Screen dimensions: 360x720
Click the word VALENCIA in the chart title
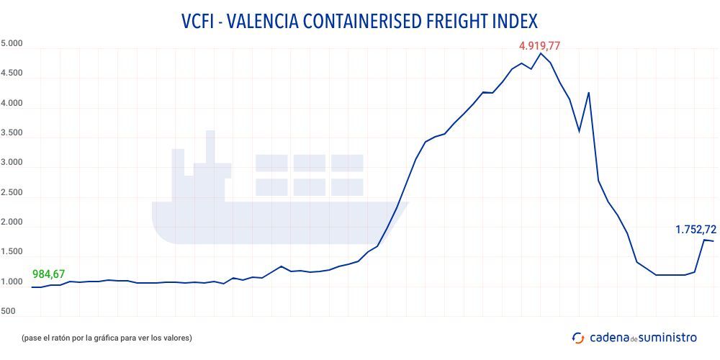click(264, 19)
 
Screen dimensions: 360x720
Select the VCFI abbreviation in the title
click(199, 19)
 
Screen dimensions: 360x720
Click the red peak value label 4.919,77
click(539, 46)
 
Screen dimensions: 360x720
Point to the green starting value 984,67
click(49, 274)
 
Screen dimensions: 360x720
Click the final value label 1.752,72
click(696, 230)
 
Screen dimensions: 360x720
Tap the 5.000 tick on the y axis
click(12, 44)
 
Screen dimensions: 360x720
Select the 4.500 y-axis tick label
click(12, 73)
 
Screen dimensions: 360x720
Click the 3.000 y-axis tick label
click(12, 163)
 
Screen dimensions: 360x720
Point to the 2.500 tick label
click(12, 193)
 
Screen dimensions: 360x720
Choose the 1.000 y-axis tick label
click(12, 282)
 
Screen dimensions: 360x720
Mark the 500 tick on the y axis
click(9, 312)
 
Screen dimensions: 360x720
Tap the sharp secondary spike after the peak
click(589, 93)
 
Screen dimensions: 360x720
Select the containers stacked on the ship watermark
click(310, 174)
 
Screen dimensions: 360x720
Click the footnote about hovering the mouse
click(107, 337)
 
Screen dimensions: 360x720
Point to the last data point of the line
click(713, 241)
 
